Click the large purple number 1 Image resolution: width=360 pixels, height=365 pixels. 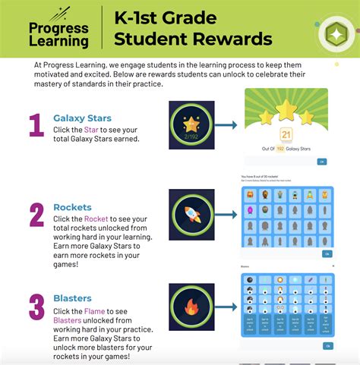click(36, 125)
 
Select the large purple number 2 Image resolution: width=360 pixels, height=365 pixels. click(36, 215)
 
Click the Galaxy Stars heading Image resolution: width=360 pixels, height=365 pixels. click(82, 118)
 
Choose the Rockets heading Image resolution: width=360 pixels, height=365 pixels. click(72, 207)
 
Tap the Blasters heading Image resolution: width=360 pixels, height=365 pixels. click(74, 299)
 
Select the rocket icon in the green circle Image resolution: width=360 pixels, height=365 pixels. click(191, 216)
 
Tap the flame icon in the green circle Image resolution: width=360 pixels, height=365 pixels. click(191, 307)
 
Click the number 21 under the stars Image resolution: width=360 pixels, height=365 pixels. click(286, 135)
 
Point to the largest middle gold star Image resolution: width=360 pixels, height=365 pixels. click(286, 110)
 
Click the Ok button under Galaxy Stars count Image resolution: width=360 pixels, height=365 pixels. click(322, 162)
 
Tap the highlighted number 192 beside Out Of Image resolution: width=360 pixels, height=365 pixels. click(279, 148)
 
